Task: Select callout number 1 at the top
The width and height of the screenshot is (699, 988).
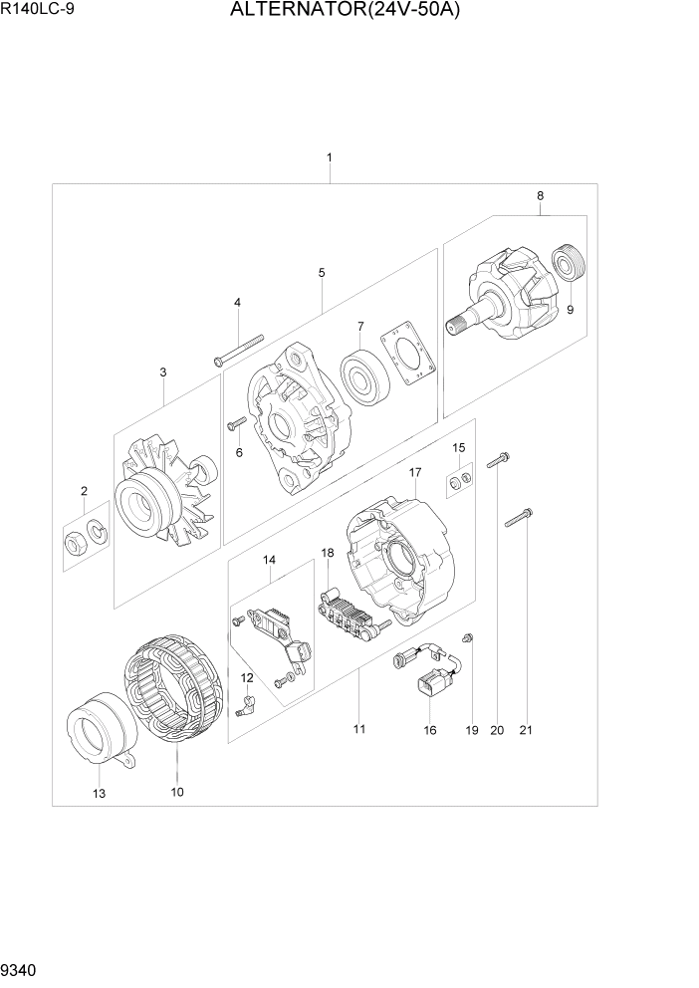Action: (x=329, y=157)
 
